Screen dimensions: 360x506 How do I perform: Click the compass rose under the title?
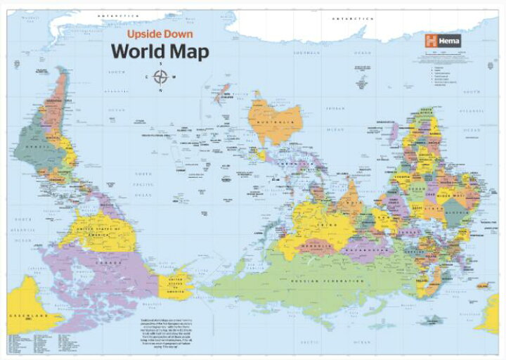point(161,77)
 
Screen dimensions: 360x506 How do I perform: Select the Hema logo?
point(443,41)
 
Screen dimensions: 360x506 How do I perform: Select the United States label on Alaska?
point(176,283)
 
